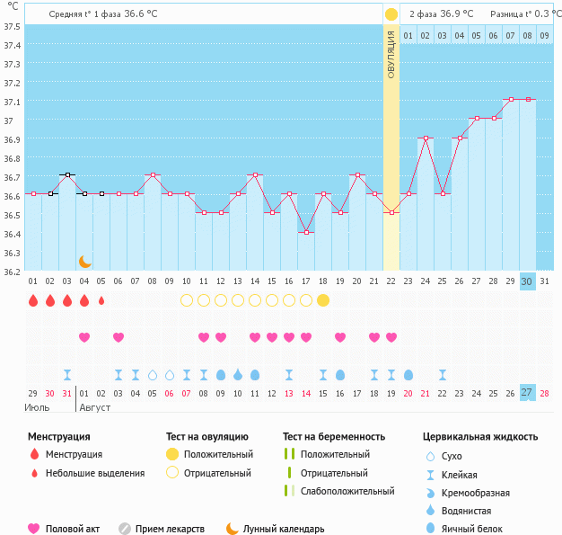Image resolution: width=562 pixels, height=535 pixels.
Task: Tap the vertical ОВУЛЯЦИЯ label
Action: tap(391, 56)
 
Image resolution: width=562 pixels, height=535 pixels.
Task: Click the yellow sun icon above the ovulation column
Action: tap(391, 14)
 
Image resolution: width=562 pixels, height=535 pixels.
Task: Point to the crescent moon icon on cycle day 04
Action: tap(84, 261)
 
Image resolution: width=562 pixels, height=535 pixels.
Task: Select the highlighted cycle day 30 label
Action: tap(528, 281)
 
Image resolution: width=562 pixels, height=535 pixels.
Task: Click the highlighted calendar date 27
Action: tap(528, 393)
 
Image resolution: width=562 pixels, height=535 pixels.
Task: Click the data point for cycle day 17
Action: tap(306, 232)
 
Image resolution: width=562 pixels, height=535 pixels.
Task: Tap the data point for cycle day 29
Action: tap(511, 99)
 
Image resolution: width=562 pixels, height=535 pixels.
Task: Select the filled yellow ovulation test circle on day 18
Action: tap(323, 300)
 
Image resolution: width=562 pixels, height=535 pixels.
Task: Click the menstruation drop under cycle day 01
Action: tap(33, 300)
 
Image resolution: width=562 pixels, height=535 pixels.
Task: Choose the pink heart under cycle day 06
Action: tap(119, 337)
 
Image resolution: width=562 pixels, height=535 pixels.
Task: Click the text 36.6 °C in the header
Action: tap(141, 14)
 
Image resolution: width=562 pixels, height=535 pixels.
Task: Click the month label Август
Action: tap(96, 406)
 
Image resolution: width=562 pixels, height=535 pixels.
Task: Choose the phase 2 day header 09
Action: tap(545, 36)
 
